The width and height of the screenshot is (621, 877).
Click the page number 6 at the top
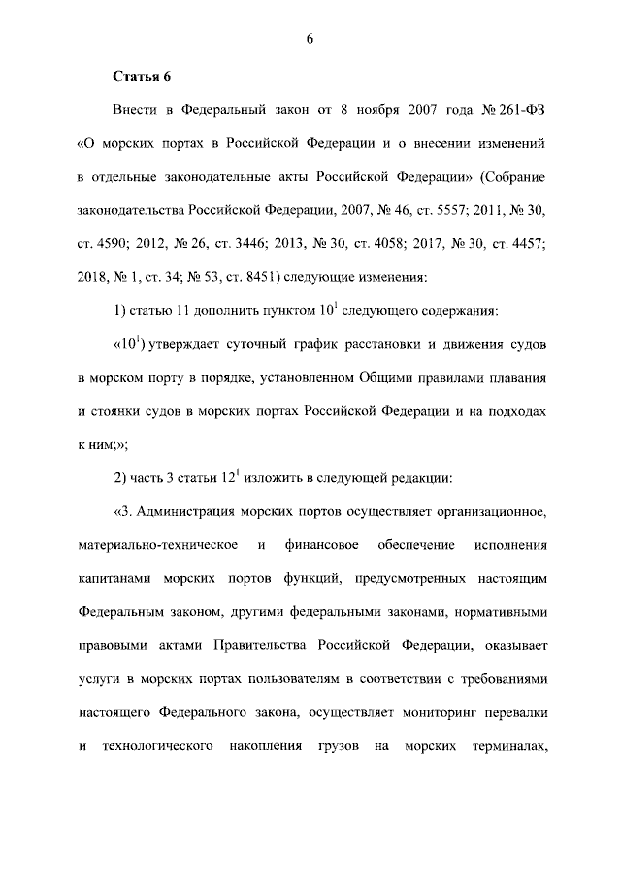(310, 38)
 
